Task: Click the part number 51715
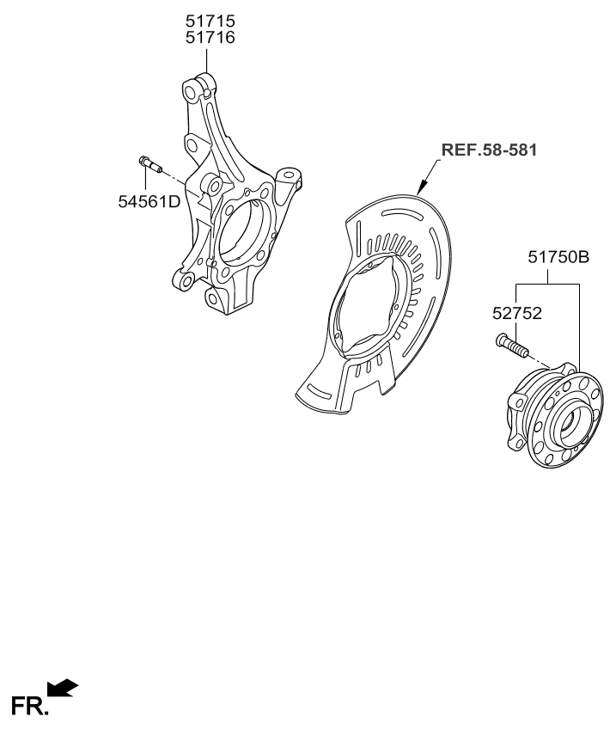(x=210, y=21)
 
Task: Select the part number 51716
(x=210, y=37)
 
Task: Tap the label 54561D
(x=149, y=201)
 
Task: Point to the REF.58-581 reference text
(x=489, y=150)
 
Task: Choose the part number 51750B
(x=558, y=257)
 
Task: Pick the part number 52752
(x=517, y=314)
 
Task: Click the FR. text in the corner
(x=29, y=706)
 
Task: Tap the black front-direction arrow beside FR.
(x=63, y=688)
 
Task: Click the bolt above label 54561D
(x=149, y=164)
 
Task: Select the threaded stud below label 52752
(x=512, y=346)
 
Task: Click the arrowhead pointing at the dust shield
(x=421, y=187)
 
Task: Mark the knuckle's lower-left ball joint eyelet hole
(x=186, y=281)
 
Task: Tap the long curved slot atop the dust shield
(x=402, y=213)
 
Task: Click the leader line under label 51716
(x=206, y=59)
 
